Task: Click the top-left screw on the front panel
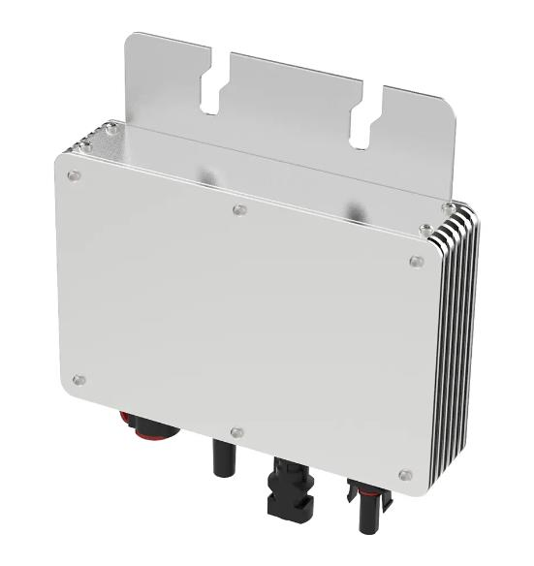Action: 74,175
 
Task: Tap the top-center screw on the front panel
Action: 240,209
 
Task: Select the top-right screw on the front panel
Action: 416,262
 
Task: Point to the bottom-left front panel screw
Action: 79,380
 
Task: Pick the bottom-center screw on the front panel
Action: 237,432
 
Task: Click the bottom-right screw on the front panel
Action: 405,475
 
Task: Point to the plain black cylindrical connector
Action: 222,456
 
